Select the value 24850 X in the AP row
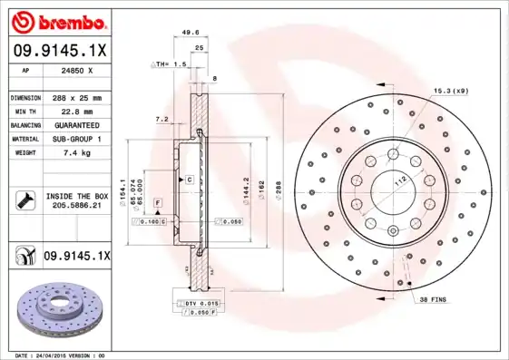[76, 70]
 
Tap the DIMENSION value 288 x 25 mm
[76, 97]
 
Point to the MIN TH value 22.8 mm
[76, 111]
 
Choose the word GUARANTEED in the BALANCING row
[76, 124]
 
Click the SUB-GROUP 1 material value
[76, 139]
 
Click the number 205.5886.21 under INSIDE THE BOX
[76, 206]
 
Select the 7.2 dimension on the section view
[161, 119]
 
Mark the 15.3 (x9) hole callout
[449, 90]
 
